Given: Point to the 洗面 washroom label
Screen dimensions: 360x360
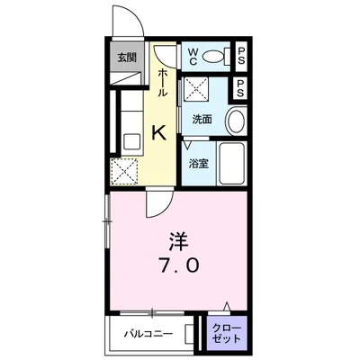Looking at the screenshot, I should pos(201,119).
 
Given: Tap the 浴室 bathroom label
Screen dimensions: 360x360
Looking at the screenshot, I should pos(197,165).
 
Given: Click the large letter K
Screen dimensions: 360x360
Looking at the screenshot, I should pos(158,133).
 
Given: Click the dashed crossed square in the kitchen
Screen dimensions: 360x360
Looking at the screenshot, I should pos(123,170).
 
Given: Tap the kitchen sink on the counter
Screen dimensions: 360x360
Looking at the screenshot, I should pos(128,141).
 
